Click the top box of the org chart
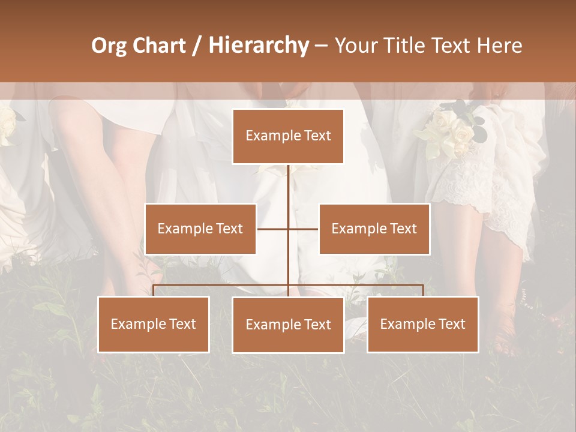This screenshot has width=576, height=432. pyautogui.click(x=288, y=136)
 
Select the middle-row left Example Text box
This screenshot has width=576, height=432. pyautogui.click(x=200, y=229)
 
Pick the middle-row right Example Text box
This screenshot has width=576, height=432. pyautogui.click(x=374, y=229)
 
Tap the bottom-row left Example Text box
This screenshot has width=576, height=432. pyautogui.click(x=154, y=324)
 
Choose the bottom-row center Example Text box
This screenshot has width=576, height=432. pyautogui.click(x=288, y=325)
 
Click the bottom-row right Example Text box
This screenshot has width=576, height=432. pyautogui.click(x=422, y=324)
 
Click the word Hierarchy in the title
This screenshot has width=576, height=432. pyautogui.click(x=259, y=46)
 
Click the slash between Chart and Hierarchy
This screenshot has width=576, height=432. pyautogui.click(x=197, y=46)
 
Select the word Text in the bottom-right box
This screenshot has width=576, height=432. pyautogui.click(x=451, y=324)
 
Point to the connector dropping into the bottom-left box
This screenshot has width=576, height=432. pyautogui.click(x=154, y=290)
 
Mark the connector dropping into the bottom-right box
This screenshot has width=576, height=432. pyautogui.click(x=422, y=290)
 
